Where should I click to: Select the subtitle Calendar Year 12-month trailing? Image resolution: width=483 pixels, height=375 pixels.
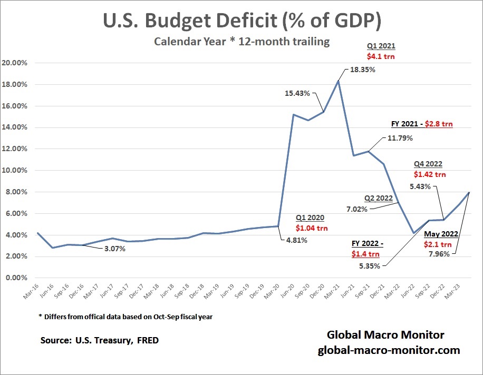[x=242, y=42]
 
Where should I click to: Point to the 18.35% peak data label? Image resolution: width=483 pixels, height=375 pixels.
[x=361, y=69]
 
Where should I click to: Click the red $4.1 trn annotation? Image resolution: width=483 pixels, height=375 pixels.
[x=381, y=55]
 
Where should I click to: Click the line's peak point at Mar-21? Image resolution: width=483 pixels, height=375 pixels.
[x=338, y=81]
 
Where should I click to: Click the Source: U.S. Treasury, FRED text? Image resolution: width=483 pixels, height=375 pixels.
[x=99, y=340]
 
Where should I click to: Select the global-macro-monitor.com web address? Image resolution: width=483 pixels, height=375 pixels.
[x=389, y=350]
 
